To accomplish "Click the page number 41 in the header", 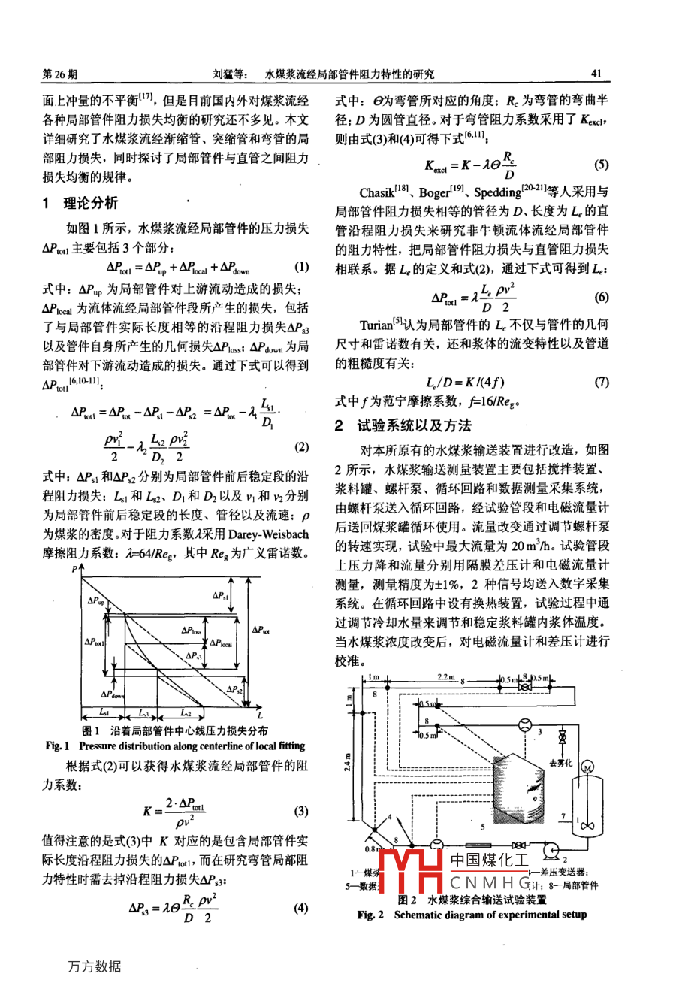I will coord(597,74).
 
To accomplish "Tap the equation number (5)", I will coord(601,165).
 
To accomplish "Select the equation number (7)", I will coord(601,382).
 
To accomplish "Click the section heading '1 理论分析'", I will coord(80,203).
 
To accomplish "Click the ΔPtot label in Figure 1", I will coord(261,630).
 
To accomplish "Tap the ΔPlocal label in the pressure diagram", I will coord(221,643).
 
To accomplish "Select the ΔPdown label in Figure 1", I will coord(113,694).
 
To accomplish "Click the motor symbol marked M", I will coord(587,767).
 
